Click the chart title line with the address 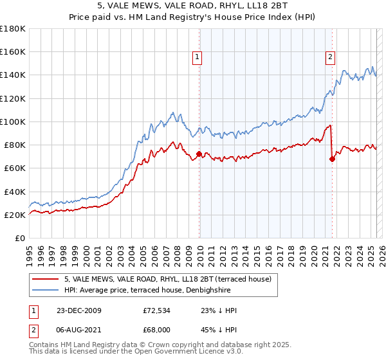[x=192, y=6]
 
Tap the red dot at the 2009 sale [x=199, y=154]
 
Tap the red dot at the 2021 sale [x=332, y=159]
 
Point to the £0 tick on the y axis [x=20, y=239]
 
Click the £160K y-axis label [x=13, y=51]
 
